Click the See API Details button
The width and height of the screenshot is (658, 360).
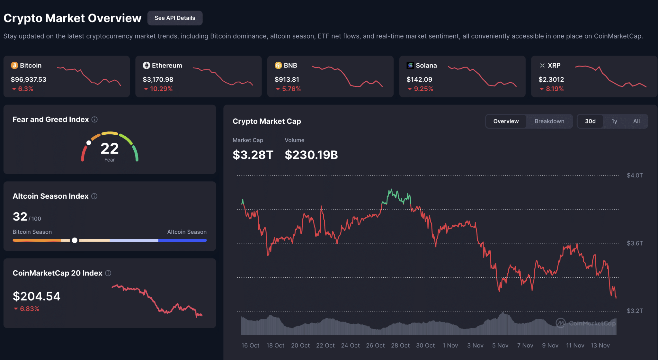[x=175, y=18]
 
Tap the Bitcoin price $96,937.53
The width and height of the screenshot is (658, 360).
[x=29, y=79]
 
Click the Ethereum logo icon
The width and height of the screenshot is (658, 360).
[x=147, y=66]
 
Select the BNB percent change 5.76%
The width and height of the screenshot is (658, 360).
[x=291, y=89]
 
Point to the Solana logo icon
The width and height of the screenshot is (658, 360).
[x=410, y=66]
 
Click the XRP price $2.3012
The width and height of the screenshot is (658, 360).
[x=551, y=79]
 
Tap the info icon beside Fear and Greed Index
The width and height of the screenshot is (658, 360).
[x=94, y=120]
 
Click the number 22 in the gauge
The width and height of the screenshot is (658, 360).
[x=110, y=148]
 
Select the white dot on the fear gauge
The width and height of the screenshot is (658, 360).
[x=89, y=143]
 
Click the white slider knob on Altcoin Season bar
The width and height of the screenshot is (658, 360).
[x=75, y=240]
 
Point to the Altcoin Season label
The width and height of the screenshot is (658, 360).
[x=187, y=232]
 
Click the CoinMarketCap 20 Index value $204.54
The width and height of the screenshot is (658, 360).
[x=37, y=296]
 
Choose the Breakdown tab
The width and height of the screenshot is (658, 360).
[x=549, y=121]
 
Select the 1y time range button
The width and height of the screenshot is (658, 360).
[x=614, y=121]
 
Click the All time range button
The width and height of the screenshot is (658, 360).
[x=636, y=121]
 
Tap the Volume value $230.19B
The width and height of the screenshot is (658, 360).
[x=311, y=155]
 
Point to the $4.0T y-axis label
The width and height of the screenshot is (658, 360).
[x=635, y=175]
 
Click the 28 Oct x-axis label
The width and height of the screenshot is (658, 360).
[x=400, y=345]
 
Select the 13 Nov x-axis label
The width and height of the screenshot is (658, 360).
[x=600, y=345]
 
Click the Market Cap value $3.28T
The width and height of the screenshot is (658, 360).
[x=253, y=155]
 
